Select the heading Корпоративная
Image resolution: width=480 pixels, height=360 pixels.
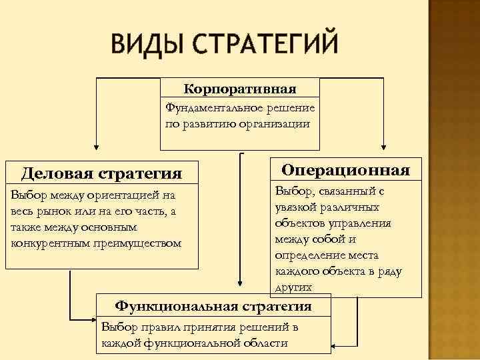pyautogui.click(x=240, y=89)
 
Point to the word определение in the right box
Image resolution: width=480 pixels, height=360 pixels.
pyautogui.click(x=306, y=255)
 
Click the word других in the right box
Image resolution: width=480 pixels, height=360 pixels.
pyautogui.click(x=291, y=287)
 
